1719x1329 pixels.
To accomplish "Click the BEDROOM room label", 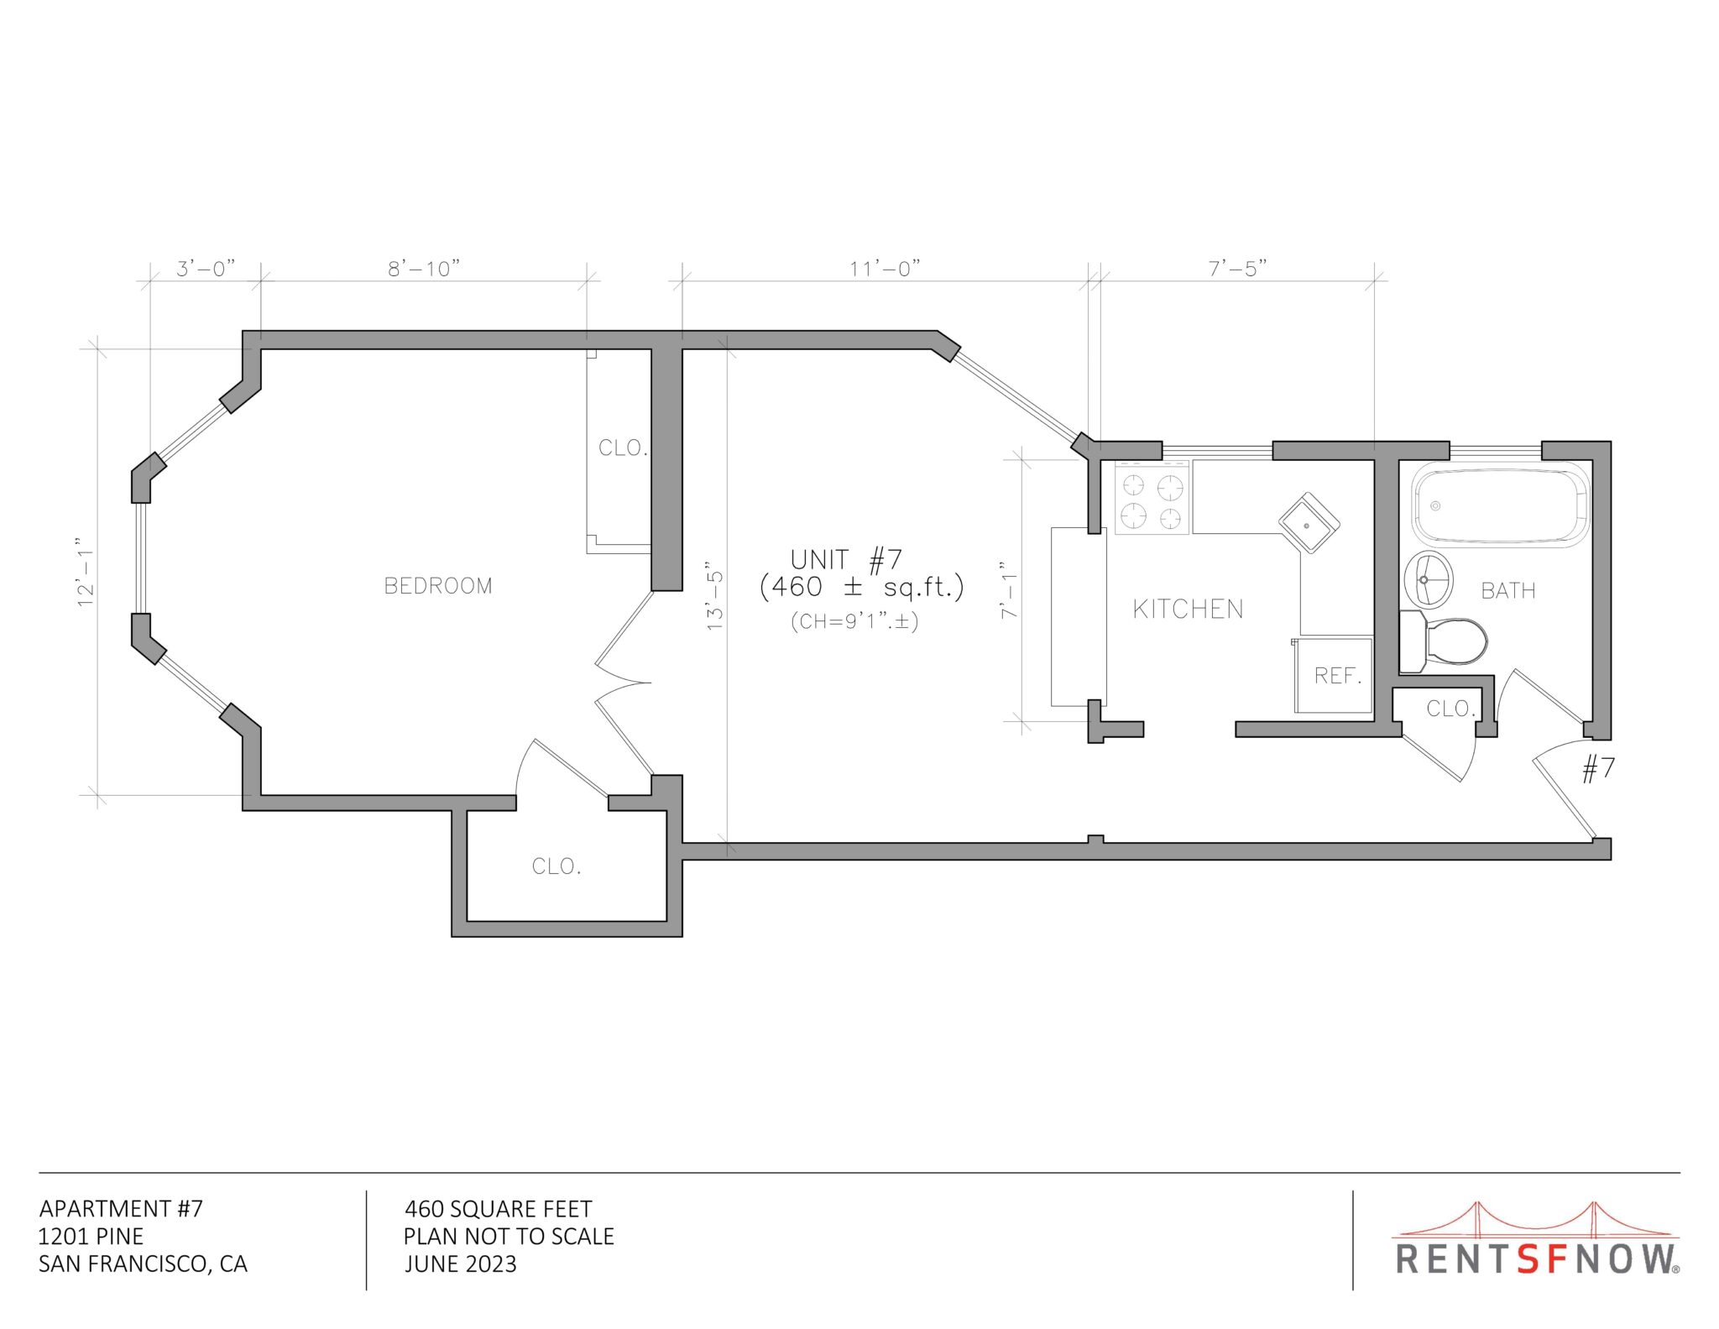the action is tap(438, 586).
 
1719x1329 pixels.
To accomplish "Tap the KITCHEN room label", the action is tap(1188, 610).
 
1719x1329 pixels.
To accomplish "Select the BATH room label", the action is tap(1508, 591).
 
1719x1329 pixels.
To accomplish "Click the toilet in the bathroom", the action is tap(1443, 642).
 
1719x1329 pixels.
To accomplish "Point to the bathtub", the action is tap(1501, 505).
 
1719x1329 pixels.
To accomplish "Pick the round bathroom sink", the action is tap(1428, 580).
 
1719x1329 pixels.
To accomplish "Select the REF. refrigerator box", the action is tap(1333, 675).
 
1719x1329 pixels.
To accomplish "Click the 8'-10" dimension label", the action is tap(424, 269).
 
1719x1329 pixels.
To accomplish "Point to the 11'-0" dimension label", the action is tap(885, 269).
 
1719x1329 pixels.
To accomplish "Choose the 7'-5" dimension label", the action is tap(1237, 269).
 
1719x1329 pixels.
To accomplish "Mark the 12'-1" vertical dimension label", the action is tap(86, 573).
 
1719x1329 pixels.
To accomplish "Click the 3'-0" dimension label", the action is tap(206, 269).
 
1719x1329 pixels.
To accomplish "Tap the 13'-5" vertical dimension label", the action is tap(714, 596).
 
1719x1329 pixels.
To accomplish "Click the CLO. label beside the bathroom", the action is tap(1450, 709).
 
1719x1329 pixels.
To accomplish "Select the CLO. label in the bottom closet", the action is tap(556, 866).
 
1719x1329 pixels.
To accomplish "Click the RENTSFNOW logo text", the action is tap(1537, 1259).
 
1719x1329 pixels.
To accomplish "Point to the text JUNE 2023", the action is tap(460, 1264).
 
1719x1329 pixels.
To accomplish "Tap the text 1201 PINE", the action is tap(91, 1237).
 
